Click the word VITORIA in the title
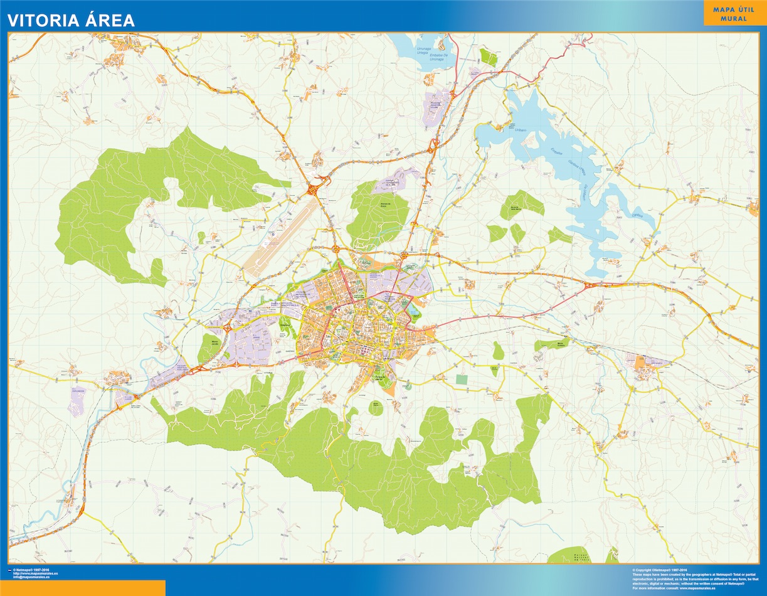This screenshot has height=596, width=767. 42,20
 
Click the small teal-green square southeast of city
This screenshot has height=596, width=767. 462,379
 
